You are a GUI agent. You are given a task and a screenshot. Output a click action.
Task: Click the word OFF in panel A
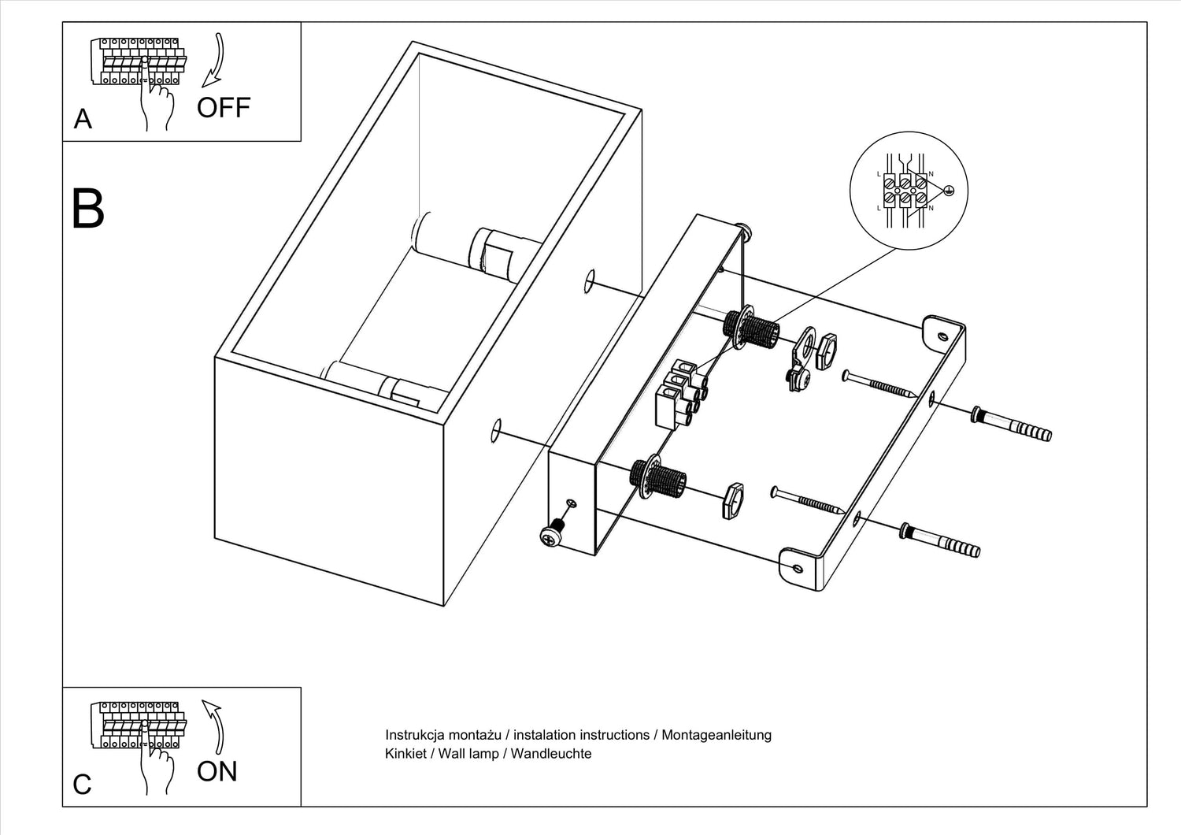(223, 108)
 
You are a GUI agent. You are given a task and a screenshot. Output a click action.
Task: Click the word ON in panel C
(217, 771)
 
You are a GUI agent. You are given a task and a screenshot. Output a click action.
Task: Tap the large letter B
(87, 209)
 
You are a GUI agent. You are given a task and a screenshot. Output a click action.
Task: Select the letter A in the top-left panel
(83, 119)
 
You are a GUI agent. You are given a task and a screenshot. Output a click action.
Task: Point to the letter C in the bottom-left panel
(82, 785)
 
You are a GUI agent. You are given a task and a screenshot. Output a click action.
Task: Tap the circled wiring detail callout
(908, 191)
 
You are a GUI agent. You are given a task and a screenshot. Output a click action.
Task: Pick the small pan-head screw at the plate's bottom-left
(551, 533)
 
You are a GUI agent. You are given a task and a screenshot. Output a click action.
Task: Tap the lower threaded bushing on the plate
(657, 477)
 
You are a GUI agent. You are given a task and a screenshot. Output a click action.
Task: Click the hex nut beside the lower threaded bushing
(732, 500)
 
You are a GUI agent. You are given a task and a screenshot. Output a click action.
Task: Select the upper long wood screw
(878, 384)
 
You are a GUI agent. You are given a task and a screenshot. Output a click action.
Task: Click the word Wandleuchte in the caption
(551, 754)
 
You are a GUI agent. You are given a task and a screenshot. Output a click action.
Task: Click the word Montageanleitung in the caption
(716, 735)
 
